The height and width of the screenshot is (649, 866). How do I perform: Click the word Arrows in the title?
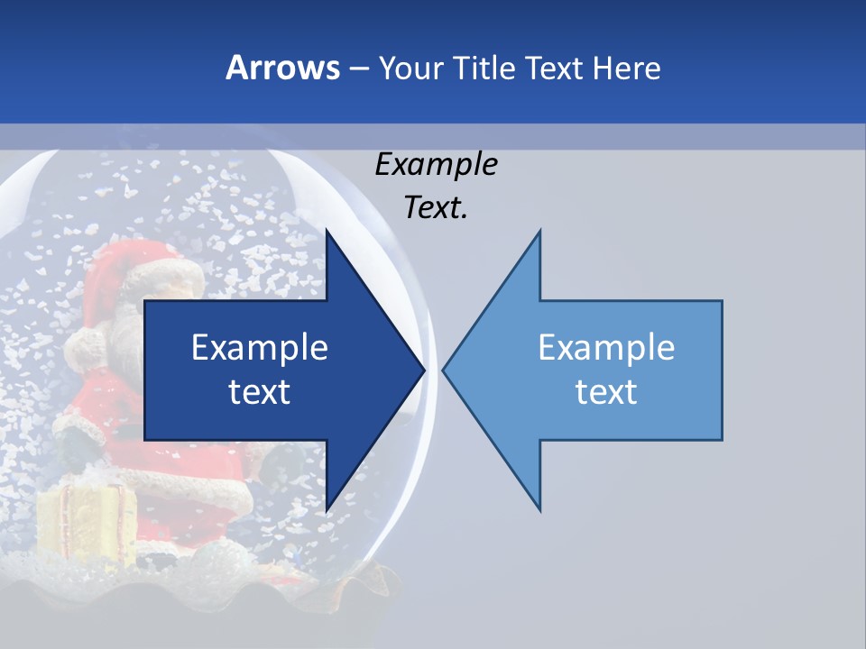(x=283, y=68)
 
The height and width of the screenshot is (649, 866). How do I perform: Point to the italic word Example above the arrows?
(x=436, y=164)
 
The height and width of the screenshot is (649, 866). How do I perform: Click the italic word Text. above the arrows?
(x=436, y=208)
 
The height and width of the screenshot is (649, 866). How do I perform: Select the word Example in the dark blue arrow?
(x=260, y=347)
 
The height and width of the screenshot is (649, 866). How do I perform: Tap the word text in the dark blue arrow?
(x=260, y=392)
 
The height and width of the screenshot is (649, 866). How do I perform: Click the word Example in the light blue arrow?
(x=606, y=347)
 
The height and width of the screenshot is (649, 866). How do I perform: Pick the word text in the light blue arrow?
(x=606, y=392)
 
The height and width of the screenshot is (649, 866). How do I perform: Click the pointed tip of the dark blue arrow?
(x=422, y=370)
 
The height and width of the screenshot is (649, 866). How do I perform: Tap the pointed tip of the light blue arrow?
(x=445, y=370)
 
